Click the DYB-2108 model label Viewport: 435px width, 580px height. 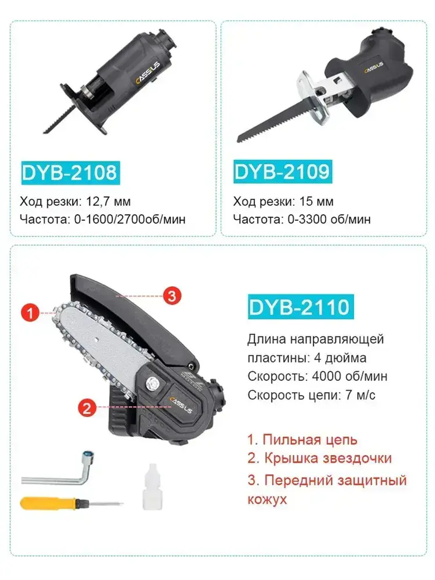coord(70,173)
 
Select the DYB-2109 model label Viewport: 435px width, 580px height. coord(282,171)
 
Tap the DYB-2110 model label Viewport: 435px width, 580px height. coord(300,307)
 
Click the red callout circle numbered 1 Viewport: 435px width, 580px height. coord(30,312)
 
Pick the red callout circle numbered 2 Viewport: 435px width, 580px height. coord(87,408)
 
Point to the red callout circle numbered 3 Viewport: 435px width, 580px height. coord(172,296)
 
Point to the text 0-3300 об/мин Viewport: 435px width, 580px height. coord(329,219)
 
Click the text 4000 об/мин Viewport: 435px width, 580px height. coord(349,376)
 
